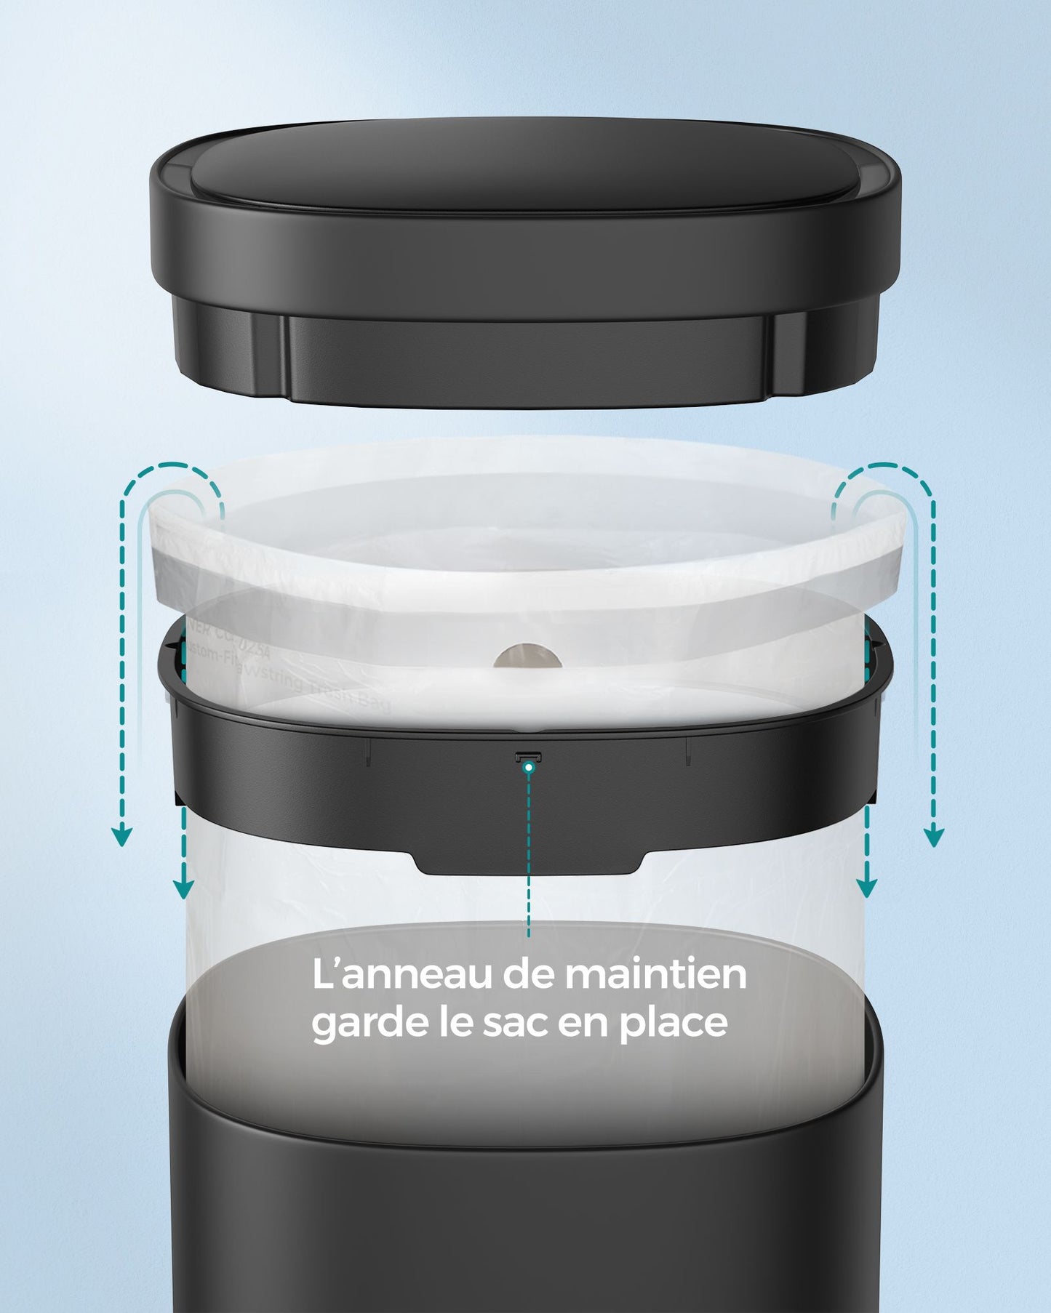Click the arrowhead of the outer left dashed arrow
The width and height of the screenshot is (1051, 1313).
click(122, 837)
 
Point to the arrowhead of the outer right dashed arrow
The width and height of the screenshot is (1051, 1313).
click(934, 837)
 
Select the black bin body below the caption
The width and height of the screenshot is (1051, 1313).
click(525, 1192)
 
